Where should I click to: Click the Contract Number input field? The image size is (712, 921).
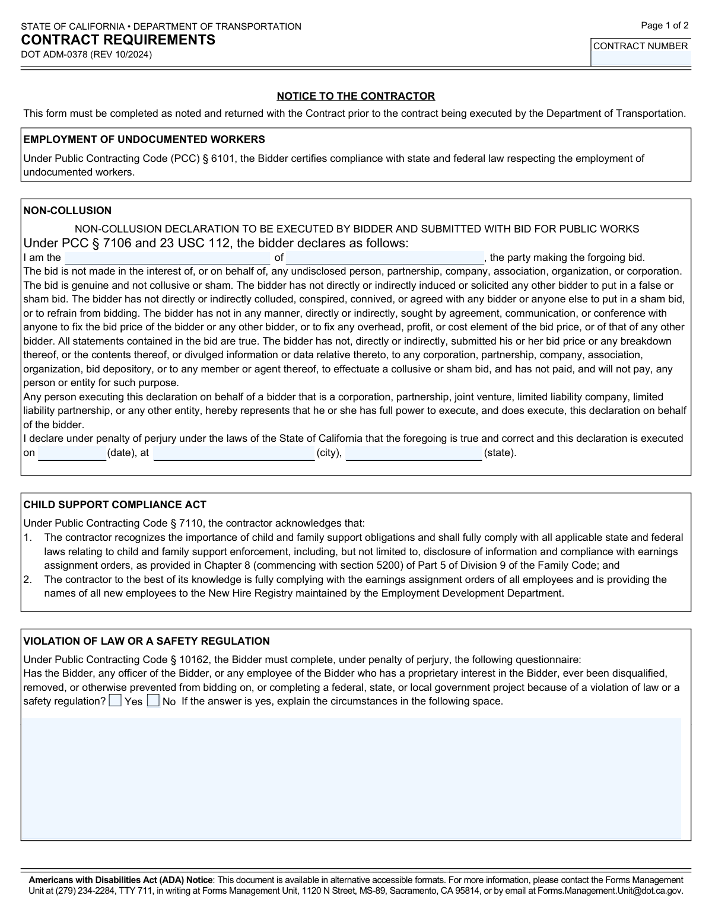click(x=641, y=59)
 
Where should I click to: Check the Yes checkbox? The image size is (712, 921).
click(x=115, y=701)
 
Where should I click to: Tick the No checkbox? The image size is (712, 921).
click(x=153, y=701)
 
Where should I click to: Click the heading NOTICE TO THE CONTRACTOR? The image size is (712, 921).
click(x=355, y=96)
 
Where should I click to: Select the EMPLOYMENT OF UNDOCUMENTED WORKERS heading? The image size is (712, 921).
click(x=144, y=140)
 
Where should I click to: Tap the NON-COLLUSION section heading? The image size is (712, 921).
click(x=67, y=211)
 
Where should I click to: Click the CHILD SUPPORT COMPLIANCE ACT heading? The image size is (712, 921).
click(x=115, y=505)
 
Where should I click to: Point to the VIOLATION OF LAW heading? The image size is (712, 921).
click(x=146, y=641)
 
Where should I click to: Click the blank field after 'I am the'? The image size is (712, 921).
click(x=167, y=258)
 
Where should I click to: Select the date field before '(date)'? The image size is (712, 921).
click(x=72, y=454)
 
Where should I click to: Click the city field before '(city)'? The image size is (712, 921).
click(x=234, y=454)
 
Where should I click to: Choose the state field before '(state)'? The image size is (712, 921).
click(x=414, y=454)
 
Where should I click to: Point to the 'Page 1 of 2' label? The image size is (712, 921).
click(x=665, y=26)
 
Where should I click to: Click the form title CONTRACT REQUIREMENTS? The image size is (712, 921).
click(x=118, y=40)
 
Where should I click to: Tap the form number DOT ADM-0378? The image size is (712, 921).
click(x=86, y=55)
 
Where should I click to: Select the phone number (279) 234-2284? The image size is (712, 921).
click(x=79, y=890)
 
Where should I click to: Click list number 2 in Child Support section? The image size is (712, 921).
click(x=27, y=579)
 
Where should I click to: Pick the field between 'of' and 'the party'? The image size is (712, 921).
click(x=384, y=258)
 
